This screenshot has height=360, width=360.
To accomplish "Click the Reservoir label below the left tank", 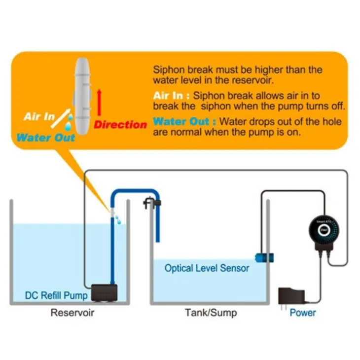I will [72, 313].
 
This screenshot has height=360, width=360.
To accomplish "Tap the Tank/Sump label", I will [211, 313].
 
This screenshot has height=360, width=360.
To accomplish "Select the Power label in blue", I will [303, 313].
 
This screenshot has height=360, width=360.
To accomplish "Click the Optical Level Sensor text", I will [207, 269].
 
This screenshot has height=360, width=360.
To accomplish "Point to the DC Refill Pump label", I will [56, 296].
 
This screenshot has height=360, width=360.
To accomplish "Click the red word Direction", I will [120, 125].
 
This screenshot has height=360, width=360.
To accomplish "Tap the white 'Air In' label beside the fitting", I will [39, 117].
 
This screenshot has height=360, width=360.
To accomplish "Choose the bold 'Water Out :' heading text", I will [184, 121].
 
